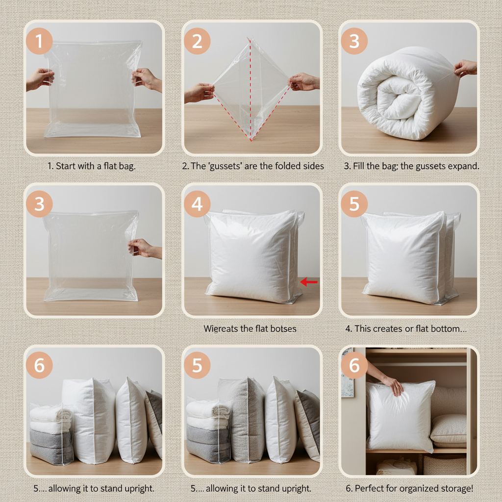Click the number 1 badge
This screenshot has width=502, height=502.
coord(39,42)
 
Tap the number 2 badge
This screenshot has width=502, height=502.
coord(197,42)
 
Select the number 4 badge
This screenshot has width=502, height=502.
coord(197,204)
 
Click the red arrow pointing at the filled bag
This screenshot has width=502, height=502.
coord(309,281)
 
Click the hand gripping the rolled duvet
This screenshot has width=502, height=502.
coord(465,68)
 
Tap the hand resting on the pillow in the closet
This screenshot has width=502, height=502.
coord(393,385)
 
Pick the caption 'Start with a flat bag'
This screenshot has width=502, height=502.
coord(92,166)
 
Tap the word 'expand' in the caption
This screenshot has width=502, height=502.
coord(463,166)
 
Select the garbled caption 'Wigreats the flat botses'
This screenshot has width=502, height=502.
coord(250,328)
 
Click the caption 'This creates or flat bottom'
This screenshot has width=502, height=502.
coord(406,328)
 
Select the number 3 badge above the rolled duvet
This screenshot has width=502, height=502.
coord(354,42)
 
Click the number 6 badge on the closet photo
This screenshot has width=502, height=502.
coord(354,366)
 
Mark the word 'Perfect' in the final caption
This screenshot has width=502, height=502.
coord(371,488)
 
